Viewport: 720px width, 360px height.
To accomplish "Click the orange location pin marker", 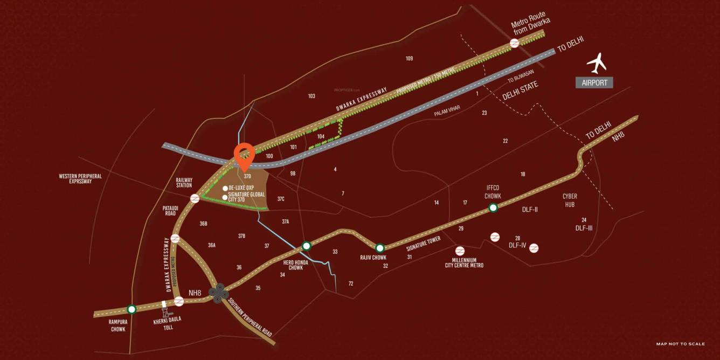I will click(x=244, y=155).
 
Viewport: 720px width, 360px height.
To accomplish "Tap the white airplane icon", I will click(x=597, y=63).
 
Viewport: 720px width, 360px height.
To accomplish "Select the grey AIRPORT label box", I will click(x=594, y=82).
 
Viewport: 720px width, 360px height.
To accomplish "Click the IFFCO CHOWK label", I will click(x=493, y=192).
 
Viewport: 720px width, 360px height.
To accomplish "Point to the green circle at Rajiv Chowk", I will click(x=380, y=248).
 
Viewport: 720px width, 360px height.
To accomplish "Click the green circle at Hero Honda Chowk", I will click(x=307, y=246).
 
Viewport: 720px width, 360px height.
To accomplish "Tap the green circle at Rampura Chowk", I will click(x=131, y=309).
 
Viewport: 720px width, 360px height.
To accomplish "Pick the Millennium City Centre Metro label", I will click(x=464, y=262).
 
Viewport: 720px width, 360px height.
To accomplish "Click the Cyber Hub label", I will click(x=570, y=200).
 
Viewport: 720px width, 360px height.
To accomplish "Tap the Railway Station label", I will click(x=184, y=183).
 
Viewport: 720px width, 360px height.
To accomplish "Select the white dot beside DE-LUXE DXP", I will click(x=225, y=188).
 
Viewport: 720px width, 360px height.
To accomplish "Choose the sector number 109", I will click(x=410, y=58).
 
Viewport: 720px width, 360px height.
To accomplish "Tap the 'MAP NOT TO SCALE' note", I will click(x=680, y=344).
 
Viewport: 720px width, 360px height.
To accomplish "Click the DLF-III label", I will click(x=584, y=228).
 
